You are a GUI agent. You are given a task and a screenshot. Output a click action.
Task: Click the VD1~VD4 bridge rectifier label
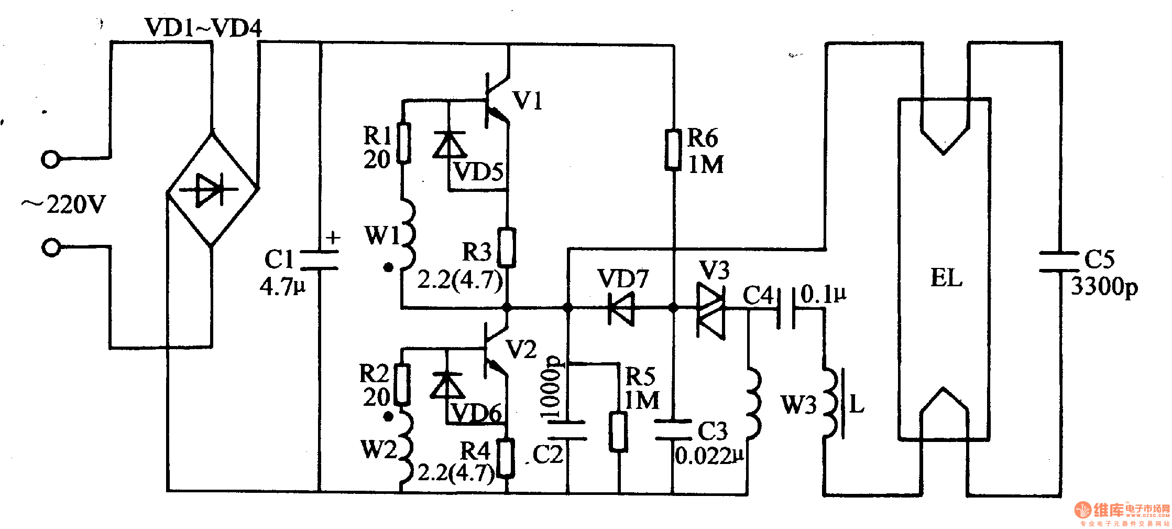pyautogui.click(x=203, y=27)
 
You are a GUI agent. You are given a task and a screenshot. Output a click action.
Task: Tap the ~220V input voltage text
pyautogui.click(x=64, y=204)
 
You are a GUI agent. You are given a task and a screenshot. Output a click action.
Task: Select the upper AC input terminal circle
pyautogui.click(x=51, y=159)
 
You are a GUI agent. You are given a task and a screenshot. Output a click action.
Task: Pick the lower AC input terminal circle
pyautogui.click(x=51, y=247)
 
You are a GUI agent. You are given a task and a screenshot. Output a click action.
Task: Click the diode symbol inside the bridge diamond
pyautogui.click(x=209, y=189)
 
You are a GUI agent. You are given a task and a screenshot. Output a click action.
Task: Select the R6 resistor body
pyautogui.click(x=673, y=150)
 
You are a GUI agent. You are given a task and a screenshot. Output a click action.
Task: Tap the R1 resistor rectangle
pyautogui.click(x=403, y=143)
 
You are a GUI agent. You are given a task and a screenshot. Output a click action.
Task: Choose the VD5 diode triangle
pyautogui.click(x=450, y=145)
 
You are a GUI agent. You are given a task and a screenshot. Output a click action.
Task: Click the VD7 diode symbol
pyautogui.click(x=621, y=308)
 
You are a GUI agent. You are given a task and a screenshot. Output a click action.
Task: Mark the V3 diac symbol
pyautogui.click(x=711, y=310)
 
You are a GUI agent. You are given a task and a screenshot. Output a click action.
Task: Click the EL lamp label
pyautogui.click(x=946, y=278)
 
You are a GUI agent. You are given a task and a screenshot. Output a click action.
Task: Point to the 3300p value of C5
pyautogui.click(x=1104, y=286)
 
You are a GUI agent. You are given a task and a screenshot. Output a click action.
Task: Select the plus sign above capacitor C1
pyautogui.click(x=333, y=238)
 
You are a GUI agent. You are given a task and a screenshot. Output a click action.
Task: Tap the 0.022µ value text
pyautogui.click(x=709, y=456)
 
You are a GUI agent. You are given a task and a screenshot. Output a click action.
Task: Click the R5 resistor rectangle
pyautogui.click(x=619, y=431)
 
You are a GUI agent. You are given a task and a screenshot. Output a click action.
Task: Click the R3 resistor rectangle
pyautogui.click(x=506, y=247)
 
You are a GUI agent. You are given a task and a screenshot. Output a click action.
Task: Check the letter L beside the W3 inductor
pyautogui.click(x=856, y=404)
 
